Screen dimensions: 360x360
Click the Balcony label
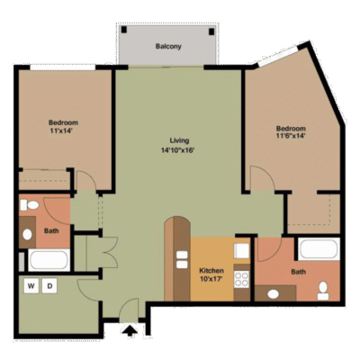click(x=168, y=47)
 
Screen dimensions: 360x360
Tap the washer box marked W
click(x=31, y=286)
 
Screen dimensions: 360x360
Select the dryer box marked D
click(x=49, y=286)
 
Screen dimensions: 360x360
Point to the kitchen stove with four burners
click(x=241, y=279)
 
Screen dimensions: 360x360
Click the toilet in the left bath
click(x=30, y=205)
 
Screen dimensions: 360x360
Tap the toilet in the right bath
click(x=323, y=291)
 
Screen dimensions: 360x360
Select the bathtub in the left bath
click(x=49, y=260)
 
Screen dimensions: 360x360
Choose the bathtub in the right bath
click(x=319, y=249)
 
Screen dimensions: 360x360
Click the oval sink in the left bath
click(x=27, y=234)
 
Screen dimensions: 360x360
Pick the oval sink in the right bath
click(x=273, y=294)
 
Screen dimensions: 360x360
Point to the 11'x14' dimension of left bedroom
click(x=62, y=130)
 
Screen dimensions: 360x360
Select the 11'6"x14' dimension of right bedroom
click(x=291, y=136)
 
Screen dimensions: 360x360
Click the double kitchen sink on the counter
click(x=182, y=260)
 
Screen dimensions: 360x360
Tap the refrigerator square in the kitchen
click(x=241, y=251)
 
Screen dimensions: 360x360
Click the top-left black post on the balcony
click(x=124, y=30)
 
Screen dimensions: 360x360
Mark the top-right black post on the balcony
click(x=211, y=31)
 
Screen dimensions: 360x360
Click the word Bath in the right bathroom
click(x=299, y=272)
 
